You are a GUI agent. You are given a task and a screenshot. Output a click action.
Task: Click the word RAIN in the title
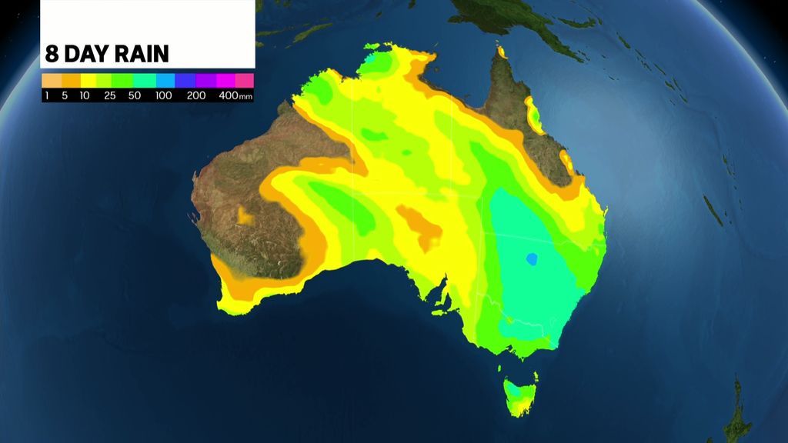[143, 55]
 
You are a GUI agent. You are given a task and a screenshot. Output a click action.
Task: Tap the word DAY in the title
[88, 55]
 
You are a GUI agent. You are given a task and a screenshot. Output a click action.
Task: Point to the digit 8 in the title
[51, 55]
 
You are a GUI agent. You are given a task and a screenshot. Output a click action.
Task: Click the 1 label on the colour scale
[47, 96]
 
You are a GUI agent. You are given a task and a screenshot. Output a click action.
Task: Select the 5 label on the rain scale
[65, 96]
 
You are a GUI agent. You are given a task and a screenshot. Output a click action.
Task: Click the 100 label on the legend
[164, 96]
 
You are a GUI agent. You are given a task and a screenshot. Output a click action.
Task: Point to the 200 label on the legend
[196, 96]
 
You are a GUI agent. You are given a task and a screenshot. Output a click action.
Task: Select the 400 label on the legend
[228, 96]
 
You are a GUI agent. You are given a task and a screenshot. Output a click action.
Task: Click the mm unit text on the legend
[245, 97]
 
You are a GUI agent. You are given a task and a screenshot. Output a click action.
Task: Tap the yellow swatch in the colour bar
[89, 80]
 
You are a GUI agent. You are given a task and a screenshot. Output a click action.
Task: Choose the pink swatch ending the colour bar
[244, 80]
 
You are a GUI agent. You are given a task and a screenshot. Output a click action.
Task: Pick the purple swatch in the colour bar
[205, 80]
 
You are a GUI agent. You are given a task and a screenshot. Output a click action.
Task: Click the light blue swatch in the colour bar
[166, 80]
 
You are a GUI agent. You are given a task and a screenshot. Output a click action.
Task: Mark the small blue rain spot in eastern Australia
[531, 259]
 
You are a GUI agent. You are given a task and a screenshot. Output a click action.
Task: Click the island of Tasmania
[520, 393]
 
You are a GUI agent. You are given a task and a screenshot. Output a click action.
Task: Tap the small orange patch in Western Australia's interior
[245, 216]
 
